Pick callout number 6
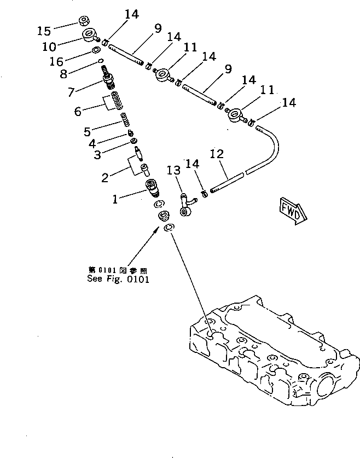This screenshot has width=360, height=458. pos(78,111)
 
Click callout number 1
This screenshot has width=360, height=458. pos(115,199)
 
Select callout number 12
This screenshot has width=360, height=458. pos(216,155)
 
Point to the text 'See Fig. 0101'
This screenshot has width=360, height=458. pos(118,278)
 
